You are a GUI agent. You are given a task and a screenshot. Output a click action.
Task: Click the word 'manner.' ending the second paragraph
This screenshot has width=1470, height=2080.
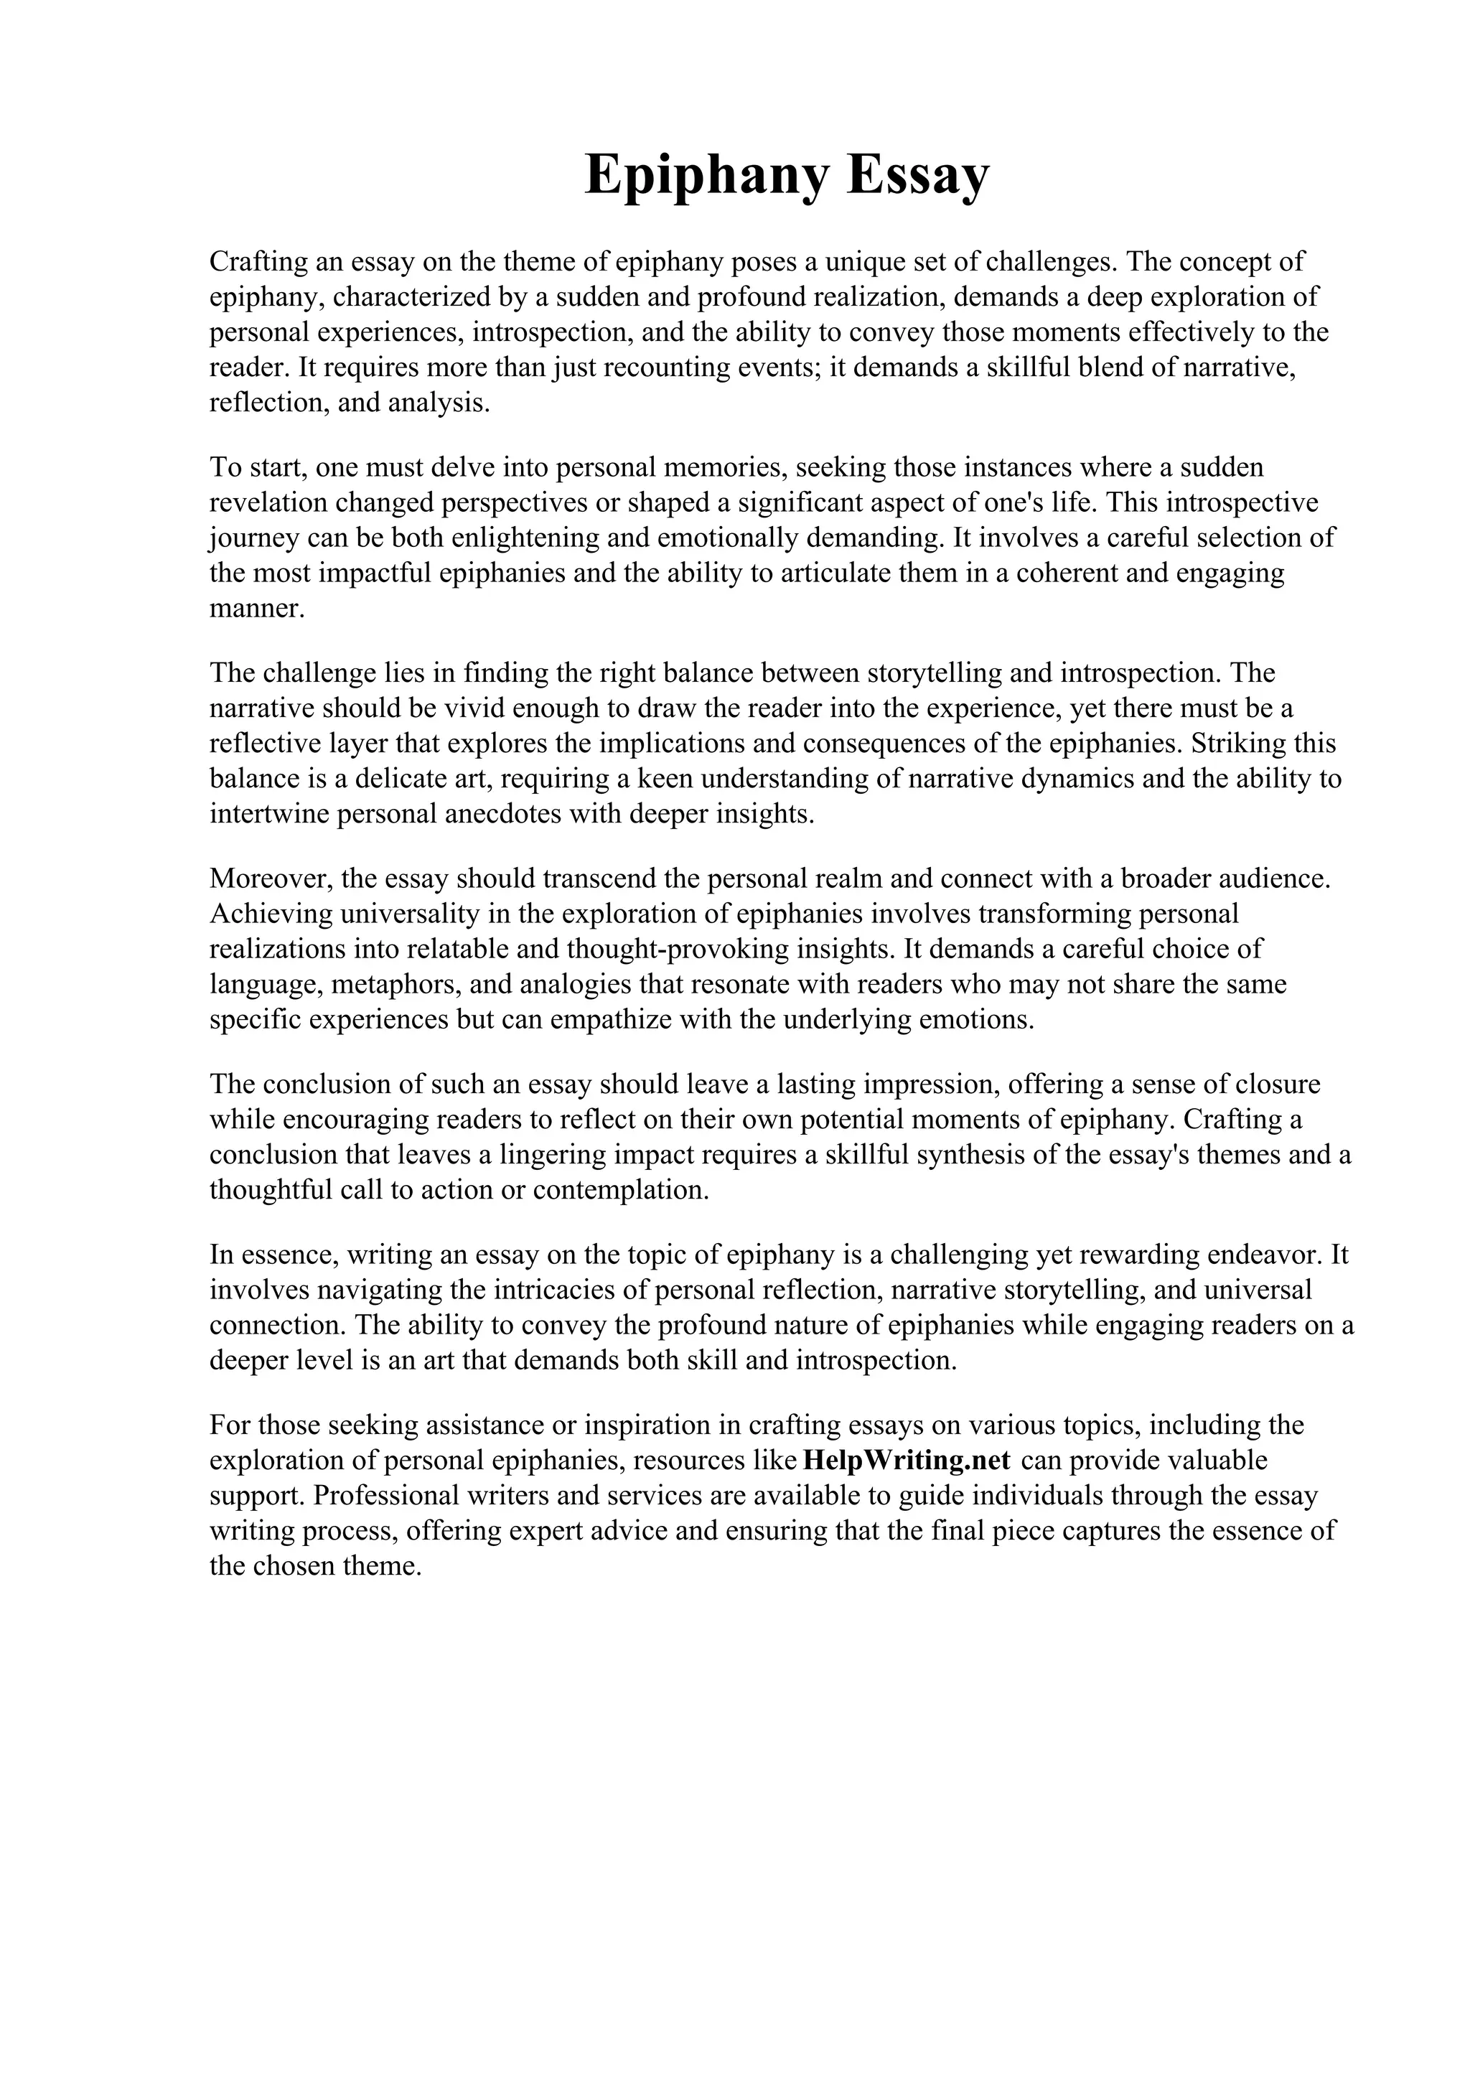tap(257, 609)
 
